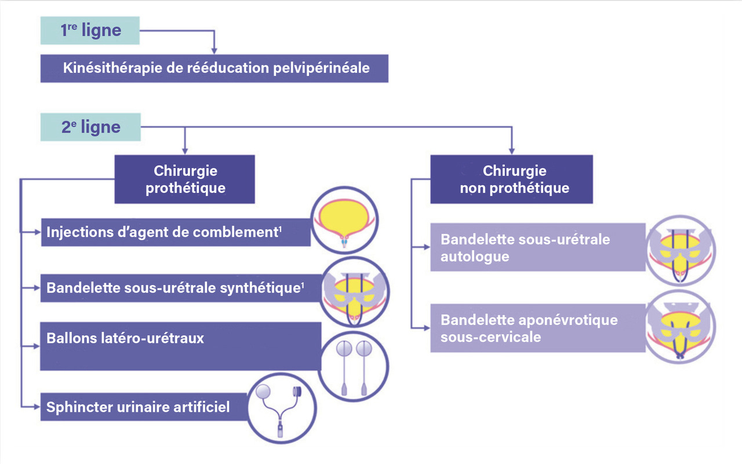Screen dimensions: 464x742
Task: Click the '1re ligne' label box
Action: [x=90, y=31]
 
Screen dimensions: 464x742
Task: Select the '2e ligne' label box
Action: [x=90, y=127]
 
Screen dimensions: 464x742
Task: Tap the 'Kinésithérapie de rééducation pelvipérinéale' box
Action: [x=214, y=68]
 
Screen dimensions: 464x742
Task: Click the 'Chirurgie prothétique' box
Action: [x=185, y=179]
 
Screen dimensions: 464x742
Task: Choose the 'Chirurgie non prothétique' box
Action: [x=511, y=179]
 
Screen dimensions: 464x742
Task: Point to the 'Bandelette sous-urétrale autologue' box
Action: [x=537, y=247]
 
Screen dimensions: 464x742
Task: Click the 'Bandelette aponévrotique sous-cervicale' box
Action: [x=537, y=328]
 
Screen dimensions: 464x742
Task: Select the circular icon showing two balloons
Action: [x=354, y=365]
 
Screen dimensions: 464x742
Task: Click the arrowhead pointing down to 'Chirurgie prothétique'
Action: [x=184, y=150]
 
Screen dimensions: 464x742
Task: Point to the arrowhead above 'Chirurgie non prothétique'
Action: [x=511, y=150]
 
